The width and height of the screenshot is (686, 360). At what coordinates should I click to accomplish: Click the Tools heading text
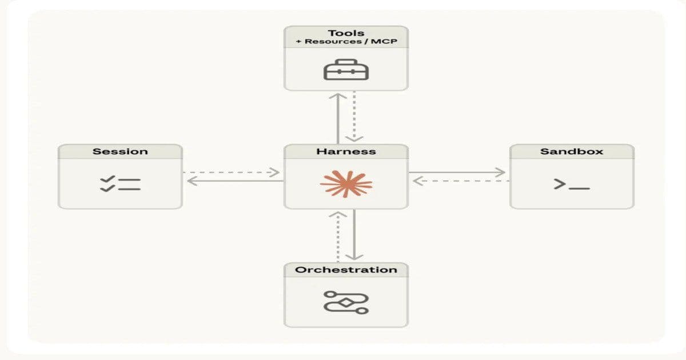point(346,33)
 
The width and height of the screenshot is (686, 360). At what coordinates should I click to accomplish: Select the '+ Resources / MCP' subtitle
point(346,43)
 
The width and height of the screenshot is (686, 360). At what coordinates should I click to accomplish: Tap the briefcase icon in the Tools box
point(346,70)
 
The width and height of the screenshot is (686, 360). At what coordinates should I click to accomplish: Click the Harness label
point(346,151)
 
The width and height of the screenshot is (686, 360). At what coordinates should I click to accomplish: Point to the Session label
point(120,151)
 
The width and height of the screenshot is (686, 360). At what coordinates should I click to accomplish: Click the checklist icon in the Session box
point(120,184)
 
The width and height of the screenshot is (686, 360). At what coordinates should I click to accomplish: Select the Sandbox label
point(572,151)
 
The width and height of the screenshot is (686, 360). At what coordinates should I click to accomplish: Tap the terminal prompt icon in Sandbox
point(572,184)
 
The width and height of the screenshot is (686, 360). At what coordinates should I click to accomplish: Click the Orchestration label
point(346,270)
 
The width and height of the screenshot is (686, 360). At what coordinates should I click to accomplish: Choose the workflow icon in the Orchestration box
point(346,302)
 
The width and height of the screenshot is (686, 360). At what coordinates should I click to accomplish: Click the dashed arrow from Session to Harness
point(232,172)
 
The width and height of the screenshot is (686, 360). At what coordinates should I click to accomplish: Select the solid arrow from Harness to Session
point(234,181)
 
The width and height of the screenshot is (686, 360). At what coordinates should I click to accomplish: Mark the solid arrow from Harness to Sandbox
point(457,172)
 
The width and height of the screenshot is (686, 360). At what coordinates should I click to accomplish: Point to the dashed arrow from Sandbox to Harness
point(460,181)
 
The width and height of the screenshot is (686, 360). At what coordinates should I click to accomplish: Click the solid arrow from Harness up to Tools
point(338,117)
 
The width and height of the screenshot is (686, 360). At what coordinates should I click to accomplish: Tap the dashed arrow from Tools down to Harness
point(354,117)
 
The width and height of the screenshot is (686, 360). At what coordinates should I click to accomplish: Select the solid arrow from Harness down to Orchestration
point(354,234)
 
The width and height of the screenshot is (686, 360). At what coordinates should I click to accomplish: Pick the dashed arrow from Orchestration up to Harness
point(338,237)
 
